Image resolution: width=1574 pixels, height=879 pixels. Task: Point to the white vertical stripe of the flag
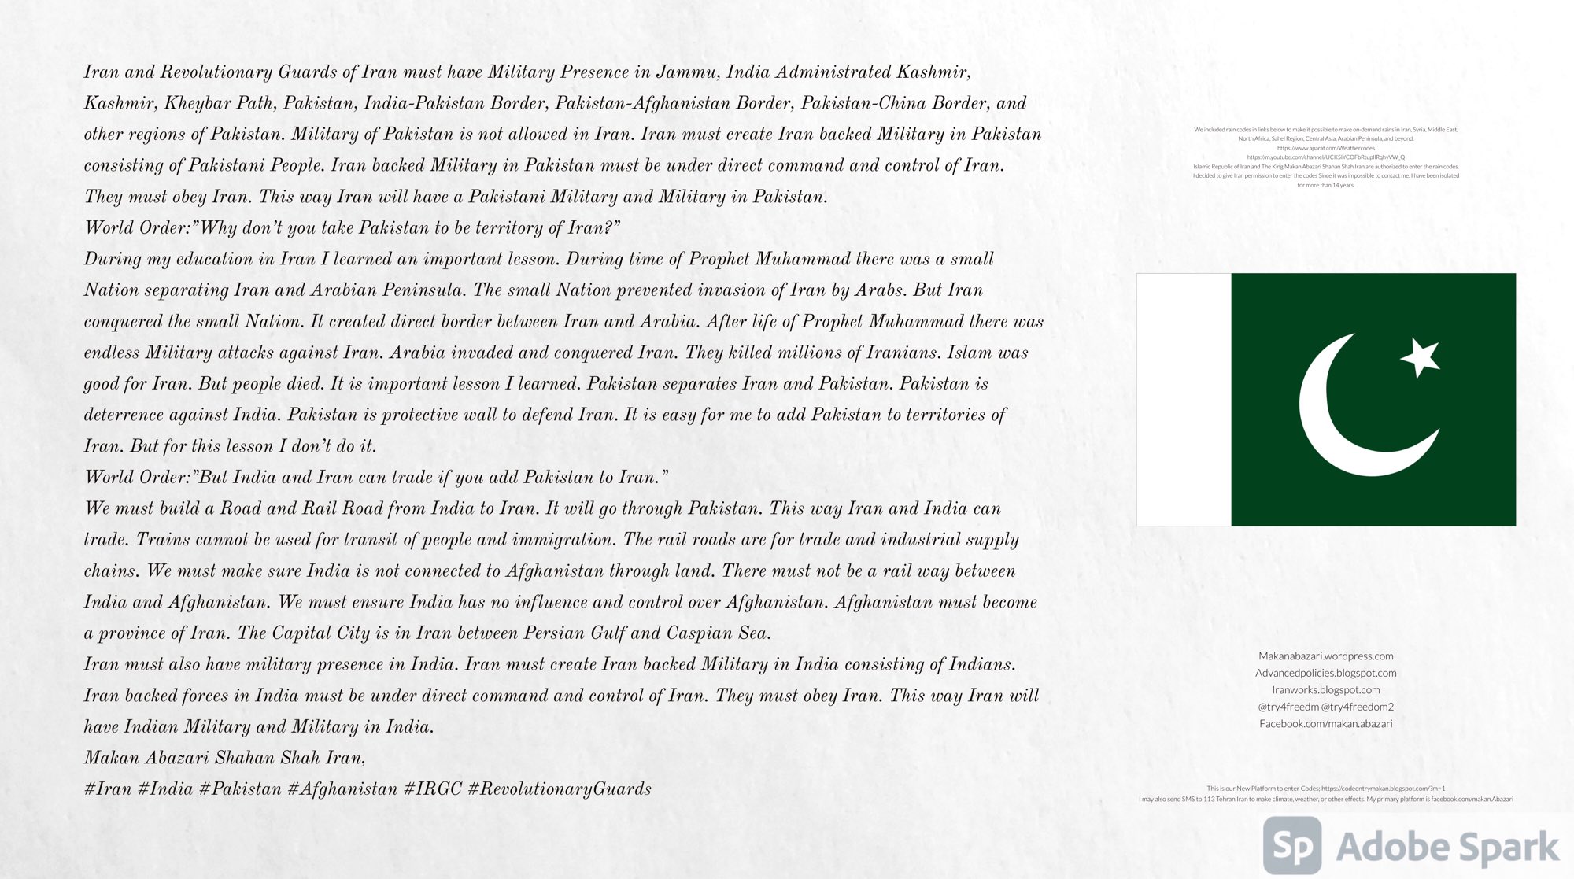point(1184,400)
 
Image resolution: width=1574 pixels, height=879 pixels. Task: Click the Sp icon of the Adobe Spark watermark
point(1292,846)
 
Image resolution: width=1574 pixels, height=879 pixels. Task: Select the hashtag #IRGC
point(432,789)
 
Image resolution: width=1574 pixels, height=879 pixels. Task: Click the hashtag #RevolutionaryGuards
point(560,789)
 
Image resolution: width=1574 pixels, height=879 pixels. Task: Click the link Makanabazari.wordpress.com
point(1325,656)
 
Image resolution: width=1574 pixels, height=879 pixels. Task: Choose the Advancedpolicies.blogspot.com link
point(1325,673)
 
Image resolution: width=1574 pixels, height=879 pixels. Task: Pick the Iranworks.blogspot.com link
point(1325,689)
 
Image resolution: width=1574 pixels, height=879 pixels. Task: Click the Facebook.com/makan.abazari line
point(1325,723)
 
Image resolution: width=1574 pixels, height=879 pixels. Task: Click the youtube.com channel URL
point(1325,157)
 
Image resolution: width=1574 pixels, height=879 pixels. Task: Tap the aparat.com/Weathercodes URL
point(1325,148)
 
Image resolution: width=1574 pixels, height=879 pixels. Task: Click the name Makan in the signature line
point(111,758)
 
